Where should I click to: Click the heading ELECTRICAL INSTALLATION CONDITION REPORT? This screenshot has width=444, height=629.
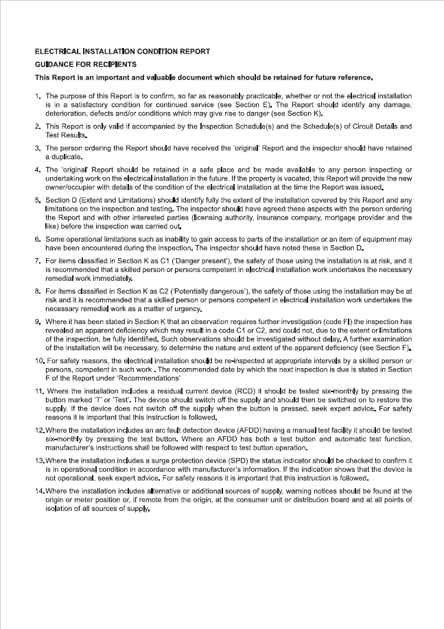coord(122,52)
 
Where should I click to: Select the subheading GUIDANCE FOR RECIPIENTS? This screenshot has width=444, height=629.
coord(86,64)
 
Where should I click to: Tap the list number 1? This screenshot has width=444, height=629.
coord(38,96)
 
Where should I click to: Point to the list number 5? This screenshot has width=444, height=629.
coord(38,201)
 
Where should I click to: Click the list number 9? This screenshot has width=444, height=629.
coord(38,321)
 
